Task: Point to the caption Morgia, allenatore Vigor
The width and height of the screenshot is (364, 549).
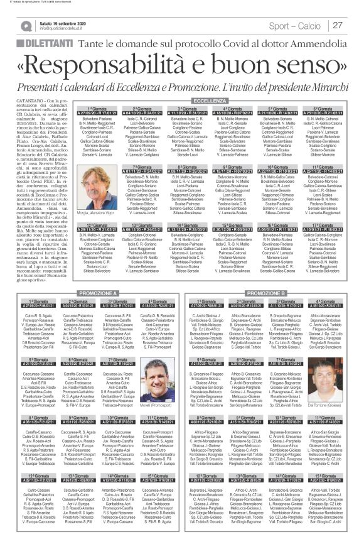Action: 84,214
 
